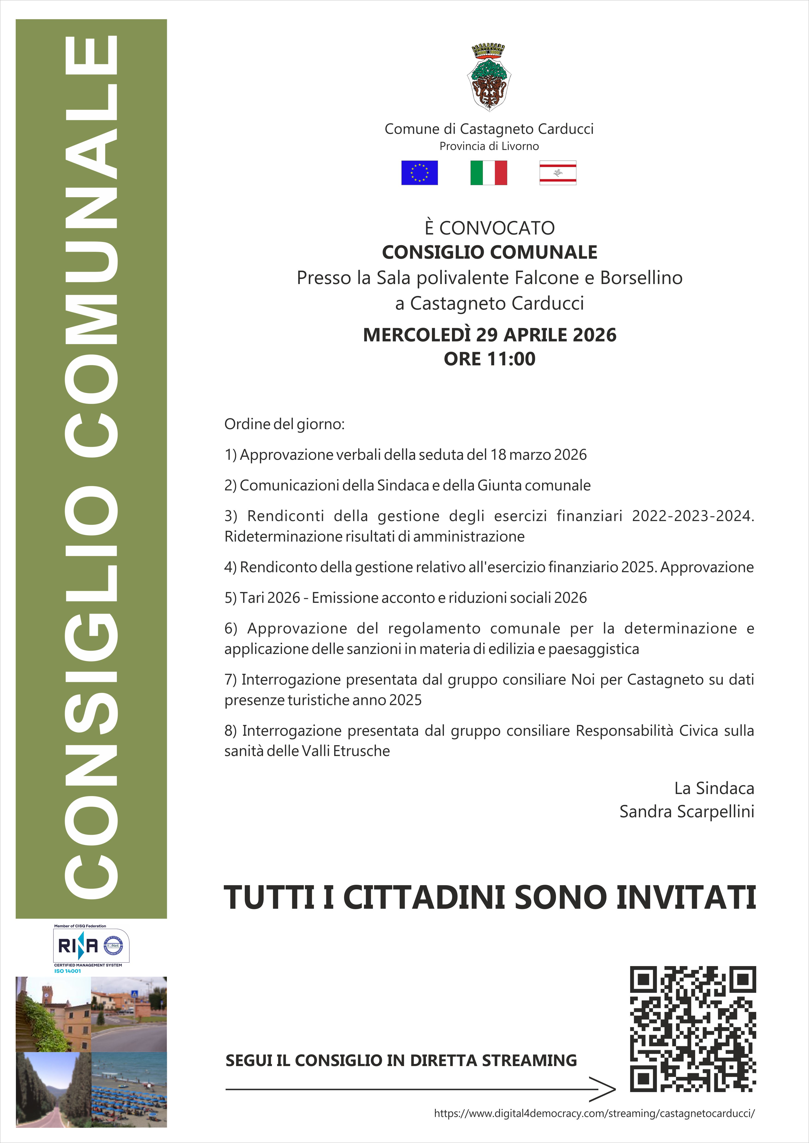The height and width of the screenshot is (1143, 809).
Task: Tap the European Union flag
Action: [x=419, y=173]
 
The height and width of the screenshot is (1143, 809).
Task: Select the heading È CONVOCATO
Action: [x=489, y=228]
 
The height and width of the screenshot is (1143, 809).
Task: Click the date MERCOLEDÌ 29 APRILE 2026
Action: [x=489, y=335]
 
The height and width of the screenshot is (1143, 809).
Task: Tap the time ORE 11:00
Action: [x=489, y=359]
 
